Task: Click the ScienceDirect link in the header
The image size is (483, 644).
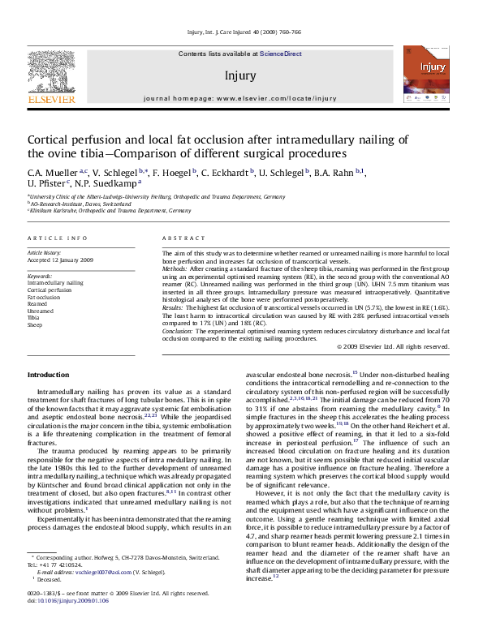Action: [281, 54]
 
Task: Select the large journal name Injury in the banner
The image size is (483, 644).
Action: [241, 76]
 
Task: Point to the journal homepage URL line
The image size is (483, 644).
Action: [239, 98]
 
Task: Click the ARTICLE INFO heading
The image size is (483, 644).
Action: [58, 238]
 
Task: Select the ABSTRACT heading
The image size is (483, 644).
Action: [179, 238]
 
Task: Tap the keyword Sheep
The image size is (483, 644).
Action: [35, 325]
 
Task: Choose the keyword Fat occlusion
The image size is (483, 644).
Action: [44, 297]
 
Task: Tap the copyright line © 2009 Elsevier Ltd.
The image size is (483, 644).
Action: [393, 346]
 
